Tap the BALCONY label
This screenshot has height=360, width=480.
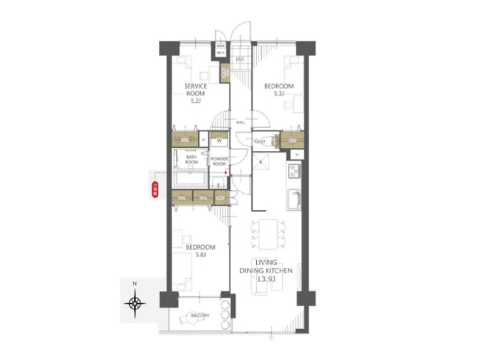[x=200, y=316]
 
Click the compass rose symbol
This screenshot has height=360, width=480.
[x=134, y=302]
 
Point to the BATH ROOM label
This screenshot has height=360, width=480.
[x=191, y=160]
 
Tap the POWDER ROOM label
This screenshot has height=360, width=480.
[x=219, y=161]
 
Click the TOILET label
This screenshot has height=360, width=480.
[x=259, y=141]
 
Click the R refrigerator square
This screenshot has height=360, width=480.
[x=260, y=160]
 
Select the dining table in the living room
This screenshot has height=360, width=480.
[x=265, y=234]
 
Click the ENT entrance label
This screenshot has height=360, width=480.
[x=240, y=59]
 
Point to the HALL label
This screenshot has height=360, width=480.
[x=241, y=123]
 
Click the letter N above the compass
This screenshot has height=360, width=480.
[x=134, y=283]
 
